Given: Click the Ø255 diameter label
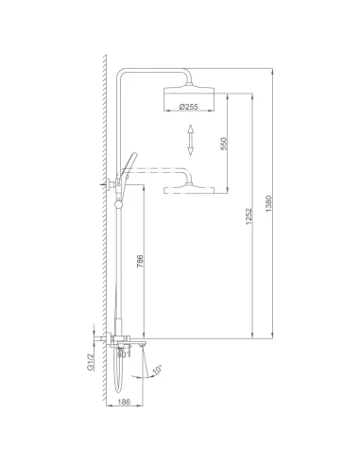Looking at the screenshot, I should point(189,107).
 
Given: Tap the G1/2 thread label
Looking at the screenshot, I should point(92,359).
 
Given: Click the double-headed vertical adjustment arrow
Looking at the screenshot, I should point(190,142).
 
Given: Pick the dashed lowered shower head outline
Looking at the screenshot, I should point(189,192).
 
